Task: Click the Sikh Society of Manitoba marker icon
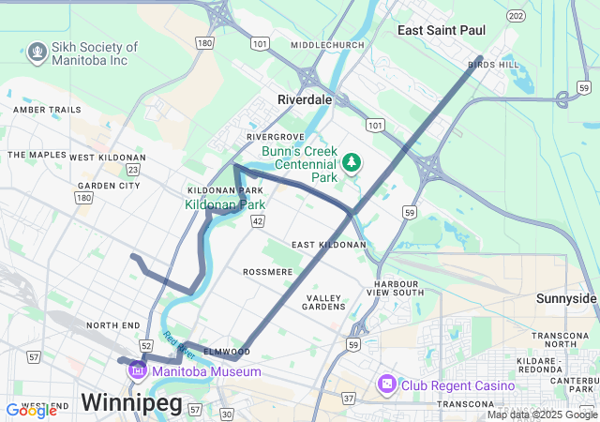pos(37,51)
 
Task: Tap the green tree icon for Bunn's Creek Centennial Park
pos(352,163)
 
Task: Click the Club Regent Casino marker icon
pos(386,384)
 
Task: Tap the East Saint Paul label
pos(441,31)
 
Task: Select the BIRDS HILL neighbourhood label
pos(493,65)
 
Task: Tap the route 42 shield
pos(258,220)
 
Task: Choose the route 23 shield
pos(134,170)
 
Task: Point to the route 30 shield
pos(227,414)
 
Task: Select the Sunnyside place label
pos(566,298)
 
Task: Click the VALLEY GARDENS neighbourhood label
pos(324,302)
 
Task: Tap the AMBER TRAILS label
pos(47,110)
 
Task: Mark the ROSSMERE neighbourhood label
pos(268,272)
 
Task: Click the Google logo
pos(31,410)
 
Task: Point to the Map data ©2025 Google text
pos(542,414)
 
